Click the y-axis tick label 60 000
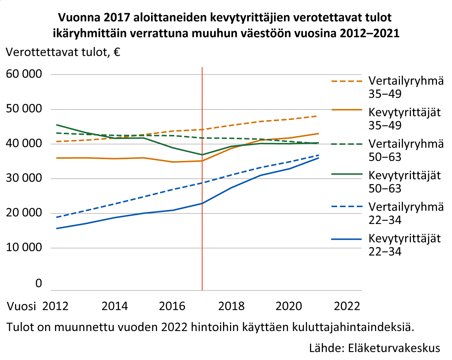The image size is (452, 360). point(24,74)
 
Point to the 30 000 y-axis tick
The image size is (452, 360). point(24,179)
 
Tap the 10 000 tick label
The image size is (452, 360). point(24,248)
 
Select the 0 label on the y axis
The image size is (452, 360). point(39,283)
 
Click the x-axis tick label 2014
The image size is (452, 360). point(115,306)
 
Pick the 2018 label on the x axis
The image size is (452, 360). point(231,306)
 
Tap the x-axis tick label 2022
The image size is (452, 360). point(347,306)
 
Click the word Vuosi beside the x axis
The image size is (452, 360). point(22,306)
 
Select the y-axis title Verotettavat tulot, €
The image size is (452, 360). point(63,52)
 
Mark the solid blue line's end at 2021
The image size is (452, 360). point(318,158)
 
